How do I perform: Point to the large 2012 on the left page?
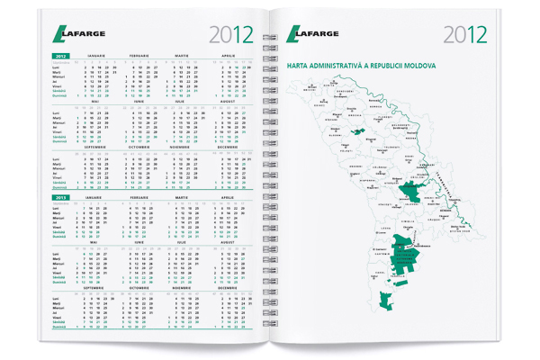pyautogui.click(x=231, y=35)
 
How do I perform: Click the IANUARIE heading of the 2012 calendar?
pyautogui.click(x=95, y=55)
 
